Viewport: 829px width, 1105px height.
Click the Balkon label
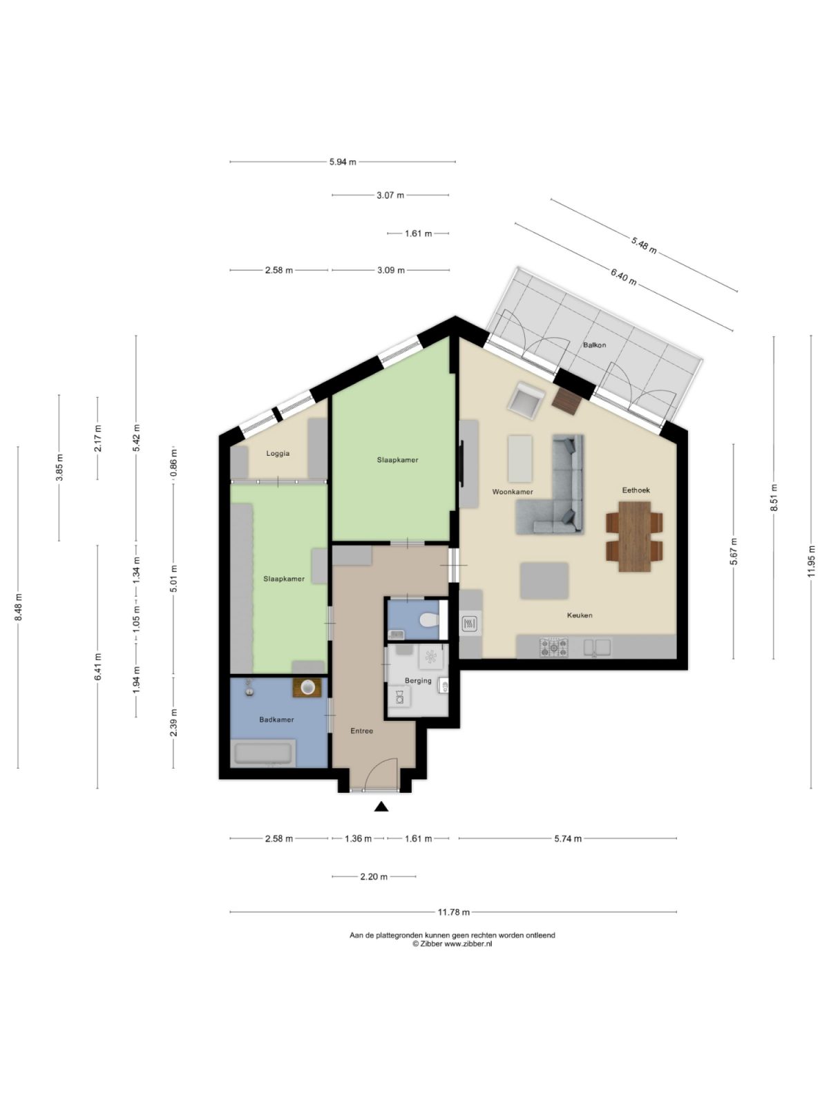coord(594,345)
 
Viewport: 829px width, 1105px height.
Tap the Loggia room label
coord(278,454)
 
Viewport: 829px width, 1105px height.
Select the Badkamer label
coord(276,720)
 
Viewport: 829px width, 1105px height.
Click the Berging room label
coord(418,680)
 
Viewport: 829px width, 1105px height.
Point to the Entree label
coord(361,731)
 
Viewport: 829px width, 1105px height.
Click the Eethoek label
coord(636,490)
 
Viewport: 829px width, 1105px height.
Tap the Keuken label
coord(579,615)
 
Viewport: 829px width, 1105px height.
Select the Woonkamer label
coord(512,492)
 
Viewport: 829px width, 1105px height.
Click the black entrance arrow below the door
coord(381,806)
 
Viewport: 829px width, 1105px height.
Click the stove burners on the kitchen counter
coord(554,647)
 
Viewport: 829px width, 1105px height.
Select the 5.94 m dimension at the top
coord(343,162)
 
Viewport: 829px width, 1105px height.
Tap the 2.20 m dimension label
coord(374,876)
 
